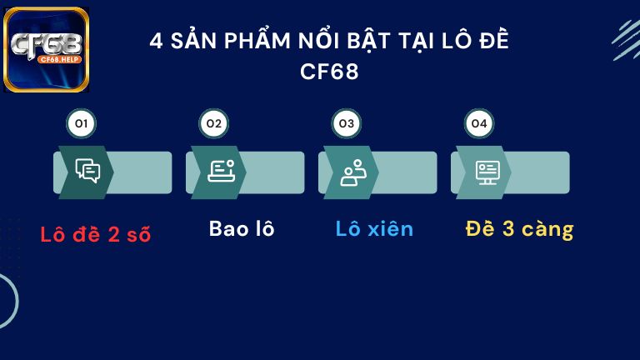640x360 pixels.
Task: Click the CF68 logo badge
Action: (47, 49)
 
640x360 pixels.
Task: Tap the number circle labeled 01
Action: (81, 124)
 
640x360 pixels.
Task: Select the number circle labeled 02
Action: (213, 124)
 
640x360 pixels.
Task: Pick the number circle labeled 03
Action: (346, 124)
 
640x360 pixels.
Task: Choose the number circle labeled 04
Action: (478, 124)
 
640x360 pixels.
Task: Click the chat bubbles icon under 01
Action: (87, 171)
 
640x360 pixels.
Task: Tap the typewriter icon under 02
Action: (221, 171)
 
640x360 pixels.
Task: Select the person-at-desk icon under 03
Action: (352, 172)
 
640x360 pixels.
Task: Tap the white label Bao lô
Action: (242, 229)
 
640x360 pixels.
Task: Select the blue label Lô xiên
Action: (374, 229)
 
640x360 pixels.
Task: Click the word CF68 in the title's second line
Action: (329, 72)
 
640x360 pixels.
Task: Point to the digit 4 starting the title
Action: (156, 42)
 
